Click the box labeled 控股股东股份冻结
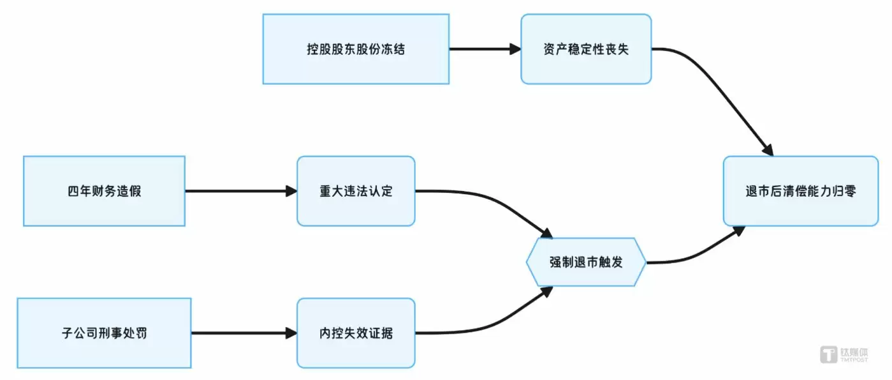coord(356,49)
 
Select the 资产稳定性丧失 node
coord(586,49)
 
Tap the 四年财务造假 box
coord(104,191)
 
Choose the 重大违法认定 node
coord(356,191)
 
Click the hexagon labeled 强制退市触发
coord(586,262)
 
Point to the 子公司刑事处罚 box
coord(104,333)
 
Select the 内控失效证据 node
coord(356,333)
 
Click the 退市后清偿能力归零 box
coord(800,191)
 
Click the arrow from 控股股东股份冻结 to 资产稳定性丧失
coord(485,49)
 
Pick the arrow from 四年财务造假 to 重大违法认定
coord(240,191)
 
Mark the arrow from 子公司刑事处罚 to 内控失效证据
coord(244,333)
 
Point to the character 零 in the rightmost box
coord(849,192)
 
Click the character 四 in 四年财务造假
coord(73,192)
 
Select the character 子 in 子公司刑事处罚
coord(68,333)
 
